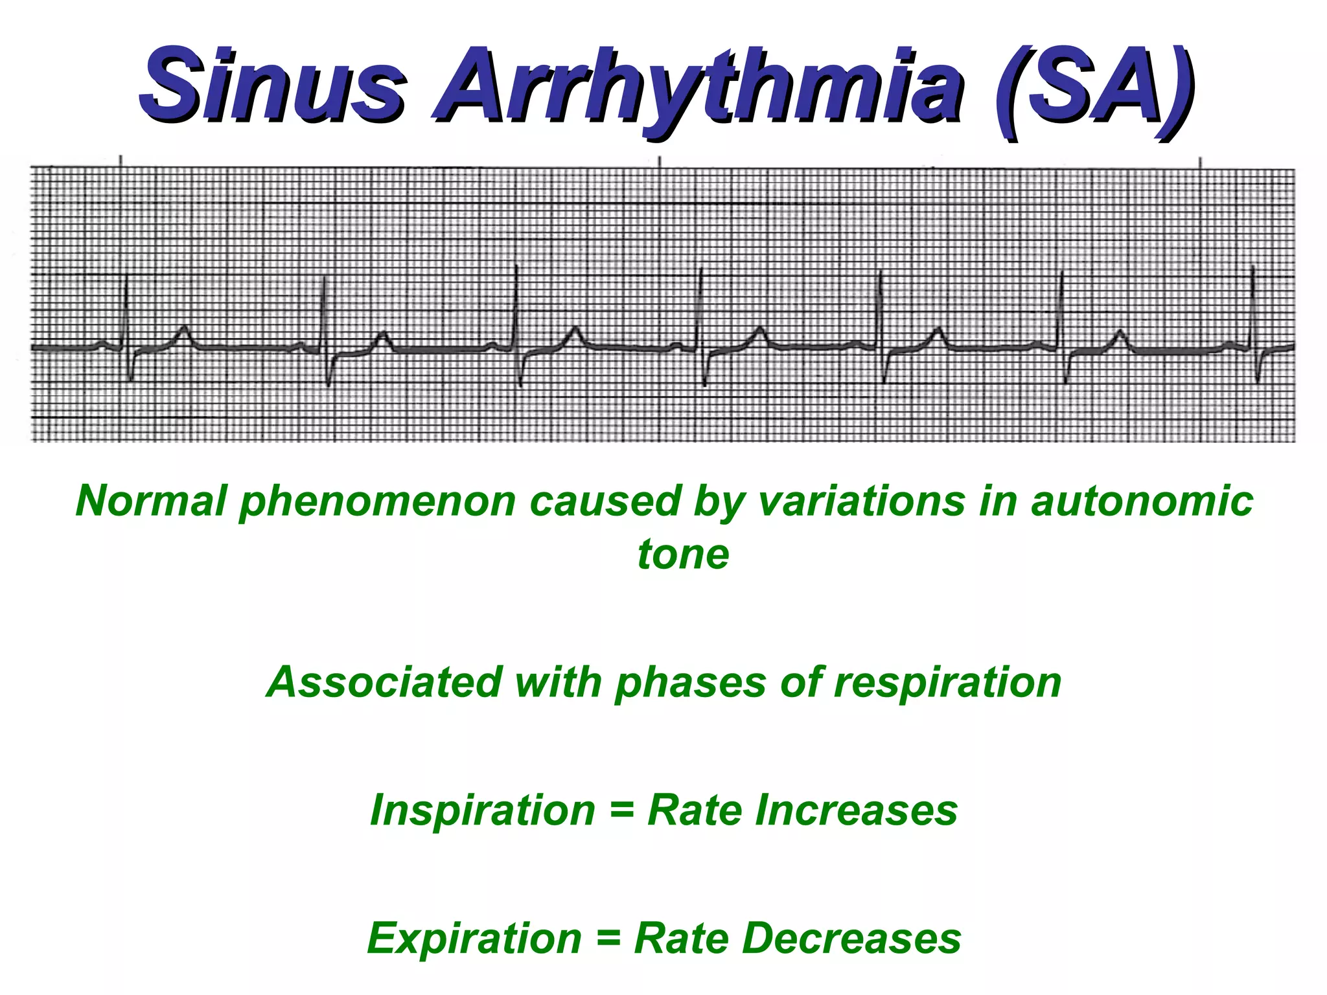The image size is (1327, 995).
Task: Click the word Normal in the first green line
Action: point(151,501)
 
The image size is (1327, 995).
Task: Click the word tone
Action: point(684,555)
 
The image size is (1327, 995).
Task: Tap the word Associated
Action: point(384,682)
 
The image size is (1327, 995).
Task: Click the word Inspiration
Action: point(482,810)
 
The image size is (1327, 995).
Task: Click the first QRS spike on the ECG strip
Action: point(126,311)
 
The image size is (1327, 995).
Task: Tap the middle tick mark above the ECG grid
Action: point(660,162)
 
